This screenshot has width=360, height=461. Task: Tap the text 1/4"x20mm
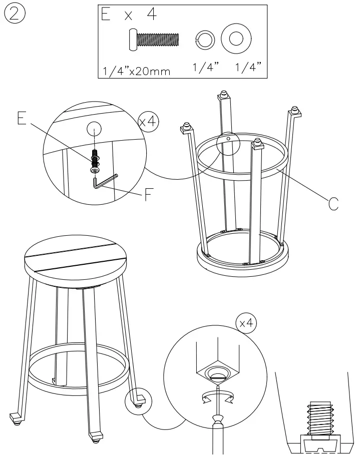pyautogui.click(x=137, y=71)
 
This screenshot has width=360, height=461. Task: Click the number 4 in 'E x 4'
pyautogui.click(x=151, y=16)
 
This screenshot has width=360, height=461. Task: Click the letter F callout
pyautogui.click(x=149, y=194)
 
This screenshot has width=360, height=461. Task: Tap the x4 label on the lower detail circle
pyautogui.click(x=246, y=324)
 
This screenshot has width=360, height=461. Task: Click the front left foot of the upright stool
pyautogui.click(x=16, y=417)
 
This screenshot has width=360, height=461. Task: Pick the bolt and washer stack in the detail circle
pyautogui.click(x=95, y=160)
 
